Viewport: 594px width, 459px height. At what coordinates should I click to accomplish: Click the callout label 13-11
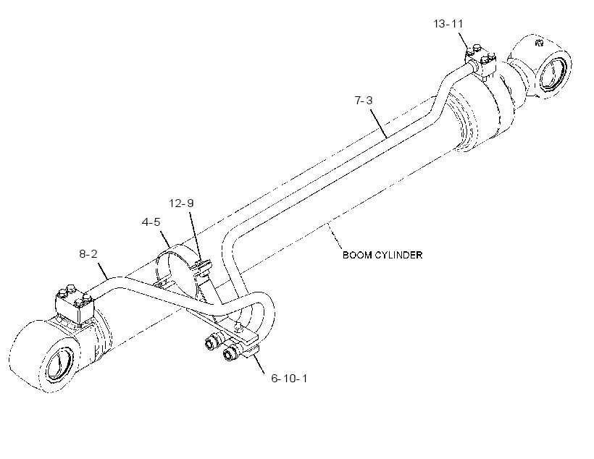pyautogui.click(x=448, y=24)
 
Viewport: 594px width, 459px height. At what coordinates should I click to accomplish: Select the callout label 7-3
pyautogui.click(x=364, y=101)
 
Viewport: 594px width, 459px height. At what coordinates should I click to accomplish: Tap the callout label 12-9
pyautogui.click(x=181, y=203)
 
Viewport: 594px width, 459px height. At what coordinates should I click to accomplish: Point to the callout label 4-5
pyautogui.click(x=151, y=222)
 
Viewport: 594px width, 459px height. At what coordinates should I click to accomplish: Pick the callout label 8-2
pyautogui.click(x=88, y=253)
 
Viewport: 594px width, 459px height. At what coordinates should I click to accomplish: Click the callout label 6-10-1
pyautogui.click(x=290, y=379)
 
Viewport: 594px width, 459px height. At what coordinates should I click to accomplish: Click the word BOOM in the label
pyautogui.click(x=357, y=255)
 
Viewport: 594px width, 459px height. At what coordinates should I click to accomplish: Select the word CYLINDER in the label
pyautogui.click(x=398, y=255)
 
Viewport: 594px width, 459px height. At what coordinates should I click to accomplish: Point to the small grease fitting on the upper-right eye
pyautogui.click(x=539, y=42)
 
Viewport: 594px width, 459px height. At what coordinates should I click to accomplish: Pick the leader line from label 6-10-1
pyautogui.click(x=258, y=362)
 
